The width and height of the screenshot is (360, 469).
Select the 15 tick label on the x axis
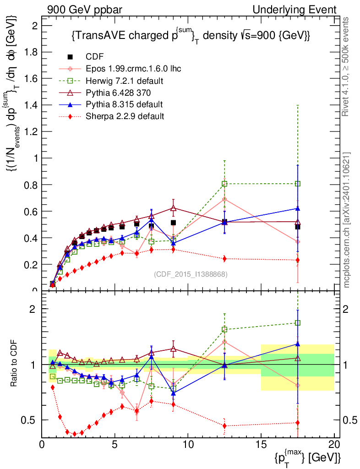[x=261, y=445]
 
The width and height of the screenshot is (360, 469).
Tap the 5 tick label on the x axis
[x=115, y=445]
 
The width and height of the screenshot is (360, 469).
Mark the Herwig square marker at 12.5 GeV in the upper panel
[x=224, y=184]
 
